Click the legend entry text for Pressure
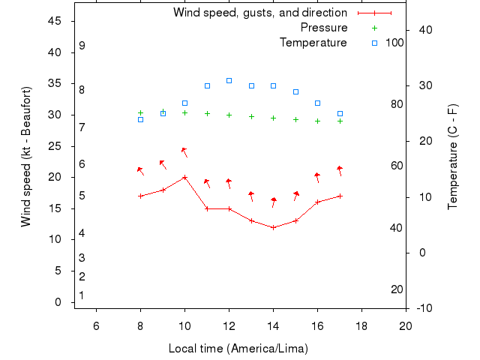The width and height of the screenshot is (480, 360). click(x=324, y=28)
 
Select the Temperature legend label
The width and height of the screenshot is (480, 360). click(x=313, y=43)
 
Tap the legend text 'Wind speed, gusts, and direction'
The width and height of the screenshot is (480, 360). click(x=260, y=13)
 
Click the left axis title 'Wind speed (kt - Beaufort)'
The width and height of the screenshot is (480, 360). click(x=25, y=156)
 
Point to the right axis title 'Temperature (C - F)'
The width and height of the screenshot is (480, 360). click(x=452, y=156)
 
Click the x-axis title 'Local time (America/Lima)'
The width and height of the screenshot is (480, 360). click(x=238, y=349)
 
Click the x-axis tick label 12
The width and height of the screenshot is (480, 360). click(x=229, y=325)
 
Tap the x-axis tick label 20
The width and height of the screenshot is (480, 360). click(x=406, y=325)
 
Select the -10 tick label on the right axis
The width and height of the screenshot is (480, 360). click(x=423, y=308)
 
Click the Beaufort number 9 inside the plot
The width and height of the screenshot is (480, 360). click(x=82, y=46)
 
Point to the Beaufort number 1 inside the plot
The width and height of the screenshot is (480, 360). click(x=81, y=295)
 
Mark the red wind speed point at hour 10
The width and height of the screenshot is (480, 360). click(x=184, y=177)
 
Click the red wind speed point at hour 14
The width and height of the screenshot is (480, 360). click(x=273, y=227)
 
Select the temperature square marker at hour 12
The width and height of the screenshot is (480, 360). click(x=229, y=80)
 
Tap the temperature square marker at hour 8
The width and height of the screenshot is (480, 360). click(x=140, y=119)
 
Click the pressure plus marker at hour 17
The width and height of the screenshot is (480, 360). click(x=340, y=121)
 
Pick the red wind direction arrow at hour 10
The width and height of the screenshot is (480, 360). click(x=184, y=151)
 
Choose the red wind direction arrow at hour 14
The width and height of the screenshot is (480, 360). click(x=274, y=202)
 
